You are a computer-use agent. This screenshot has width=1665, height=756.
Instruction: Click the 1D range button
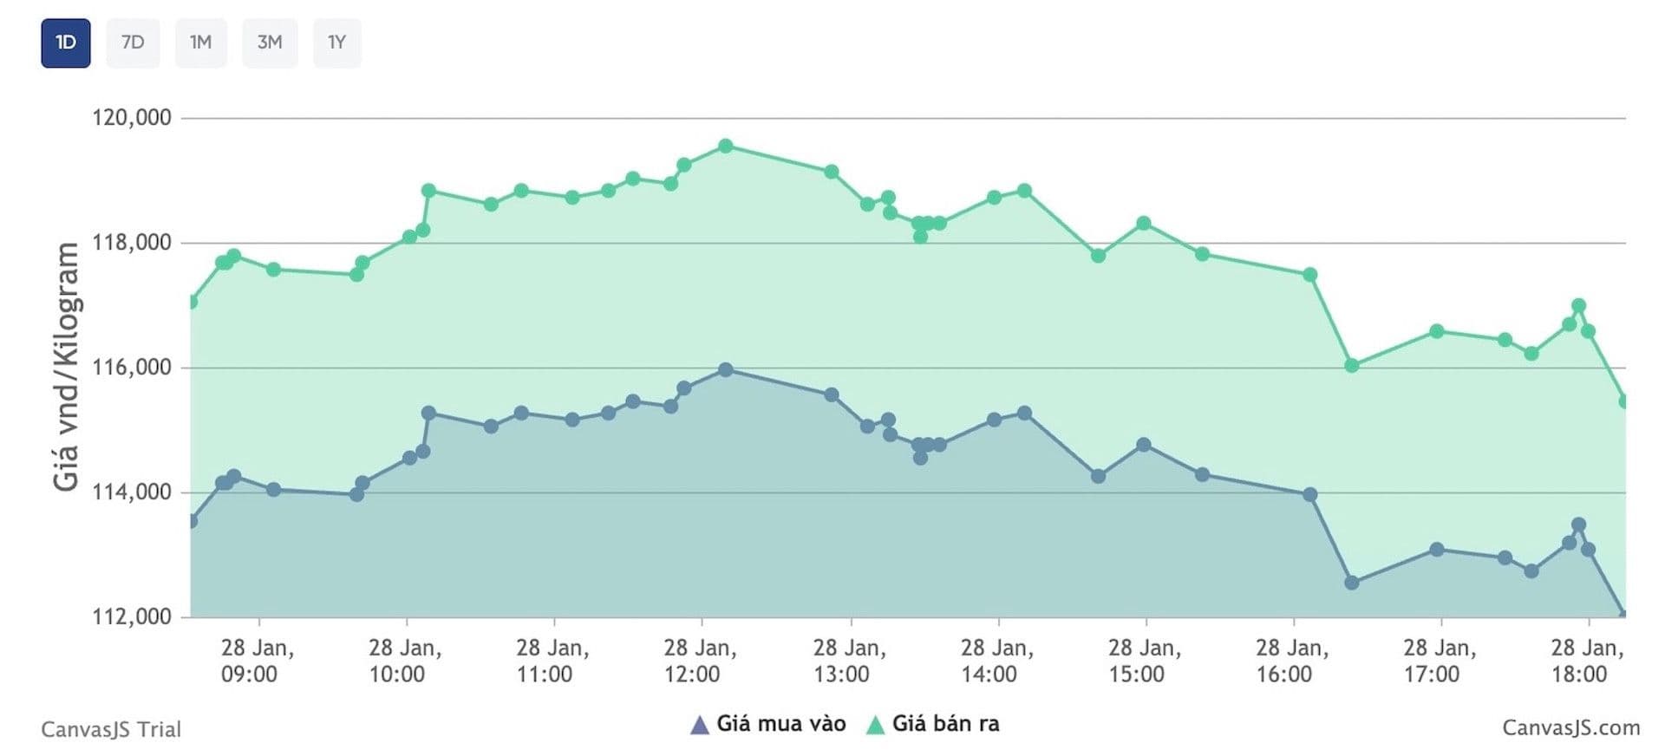coord(66,42)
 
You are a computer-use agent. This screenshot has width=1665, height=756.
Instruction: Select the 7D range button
coord(133,42)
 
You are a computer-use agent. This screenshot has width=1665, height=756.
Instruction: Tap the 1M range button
coord(200,42)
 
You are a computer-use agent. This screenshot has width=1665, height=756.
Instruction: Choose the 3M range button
coord(270,42)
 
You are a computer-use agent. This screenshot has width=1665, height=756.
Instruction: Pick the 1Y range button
coord(336,42)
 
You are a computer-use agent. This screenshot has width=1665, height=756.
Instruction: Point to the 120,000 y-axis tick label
coord(132,117)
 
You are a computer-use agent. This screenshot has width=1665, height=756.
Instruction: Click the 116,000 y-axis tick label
coord(132,368)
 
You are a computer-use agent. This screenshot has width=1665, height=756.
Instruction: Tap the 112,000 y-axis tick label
coord(132,617)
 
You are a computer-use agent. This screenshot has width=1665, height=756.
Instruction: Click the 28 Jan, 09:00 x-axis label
coord(257,661)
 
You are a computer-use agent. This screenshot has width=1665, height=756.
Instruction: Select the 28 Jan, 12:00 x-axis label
coord(700,661)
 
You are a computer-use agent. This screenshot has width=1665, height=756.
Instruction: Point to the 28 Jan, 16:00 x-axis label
coord(1291,661)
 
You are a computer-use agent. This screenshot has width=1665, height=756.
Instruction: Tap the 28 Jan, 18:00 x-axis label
coord(1586,661)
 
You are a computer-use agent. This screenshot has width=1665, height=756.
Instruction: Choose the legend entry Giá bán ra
coord(934,724)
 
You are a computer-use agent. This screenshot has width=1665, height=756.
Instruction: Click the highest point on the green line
coord(726,146)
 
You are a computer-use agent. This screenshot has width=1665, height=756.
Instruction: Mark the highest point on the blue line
coord(726,370)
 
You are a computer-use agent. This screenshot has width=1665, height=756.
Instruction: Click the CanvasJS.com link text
coord(1570,728)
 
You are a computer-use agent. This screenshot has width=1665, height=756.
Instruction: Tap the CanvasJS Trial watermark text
coord(111,729)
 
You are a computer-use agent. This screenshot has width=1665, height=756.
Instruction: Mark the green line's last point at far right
coord(1623,401)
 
